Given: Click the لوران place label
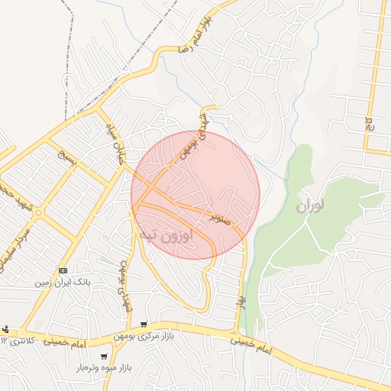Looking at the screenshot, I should tap(309, 205).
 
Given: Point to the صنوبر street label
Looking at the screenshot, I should tap(221, 218).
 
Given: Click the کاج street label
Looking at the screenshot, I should tap(368, 123).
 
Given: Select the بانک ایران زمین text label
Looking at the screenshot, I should tap(63, 282).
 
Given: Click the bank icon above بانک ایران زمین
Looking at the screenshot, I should tap(63, 270).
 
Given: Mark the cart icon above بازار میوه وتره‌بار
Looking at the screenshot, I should tap(105, 357).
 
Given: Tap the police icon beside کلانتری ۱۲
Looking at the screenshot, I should tap(5, 329).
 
